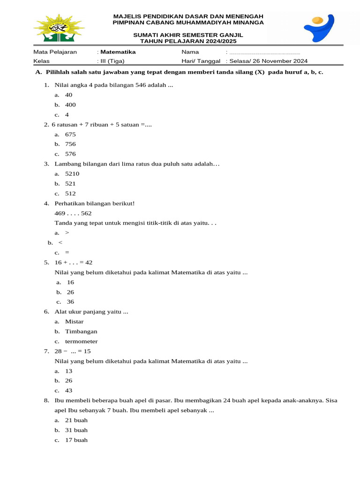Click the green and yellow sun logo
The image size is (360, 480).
coord(59,30)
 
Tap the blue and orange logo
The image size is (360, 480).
coord(319,28)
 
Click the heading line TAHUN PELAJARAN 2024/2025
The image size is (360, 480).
coord(188,41)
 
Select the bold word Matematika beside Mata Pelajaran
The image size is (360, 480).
coord(118,52)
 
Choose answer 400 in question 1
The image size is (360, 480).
coord(70,105)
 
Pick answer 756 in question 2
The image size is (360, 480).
coord(70,144)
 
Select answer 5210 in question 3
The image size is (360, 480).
coord(72,174)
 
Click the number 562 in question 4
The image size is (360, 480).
coord(86,213)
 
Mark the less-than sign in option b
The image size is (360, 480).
coord(60,243)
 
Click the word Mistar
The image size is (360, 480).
coord(75,322)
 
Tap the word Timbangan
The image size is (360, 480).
coord(81,332)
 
